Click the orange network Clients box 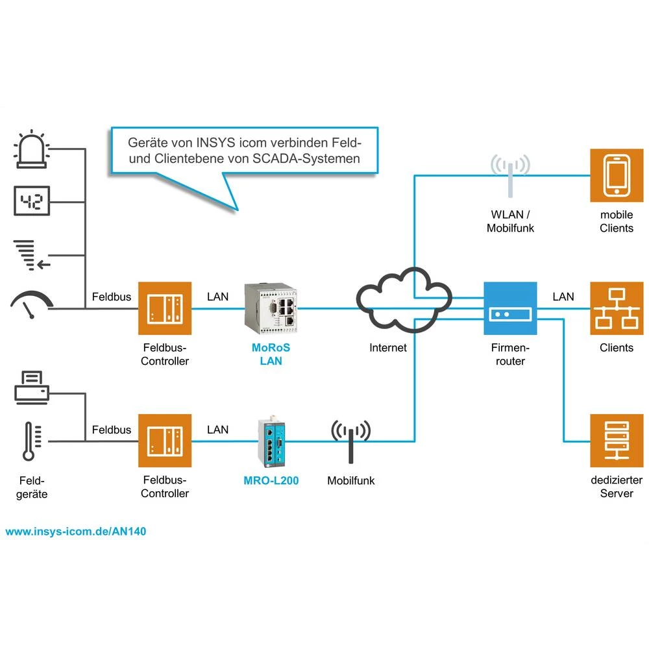615,308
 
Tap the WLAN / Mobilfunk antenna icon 509,173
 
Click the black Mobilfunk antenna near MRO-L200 350,441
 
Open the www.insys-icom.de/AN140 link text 76,531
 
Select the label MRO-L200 271,481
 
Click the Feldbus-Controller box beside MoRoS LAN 165,308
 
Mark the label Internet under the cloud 388,348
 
